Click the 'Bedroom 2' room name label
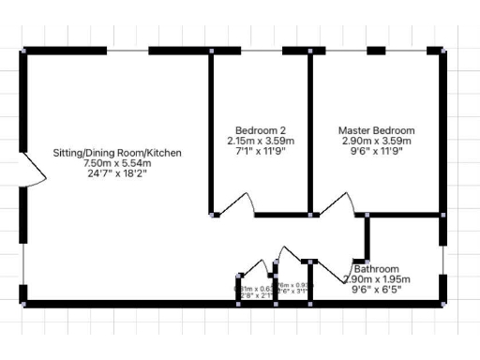point(256,130)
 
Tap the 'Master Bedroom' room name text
point(376,130)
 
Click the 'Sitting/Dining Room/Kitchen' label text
point(117,152)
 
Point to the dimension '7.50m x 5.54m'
point(117,162)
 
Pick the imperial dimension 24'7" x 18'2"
point(117,172)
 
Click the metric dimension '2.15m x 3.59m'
point(256,141)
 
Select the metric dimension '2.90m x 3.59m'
point(376,141)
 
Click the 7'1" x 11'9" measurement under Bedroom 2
point(256,151)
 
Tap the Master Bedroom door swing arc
point(330,202)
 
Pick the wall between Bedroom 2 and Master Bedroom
point(310,131)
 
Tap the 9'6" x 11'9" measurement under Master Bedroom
point(376,151)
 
